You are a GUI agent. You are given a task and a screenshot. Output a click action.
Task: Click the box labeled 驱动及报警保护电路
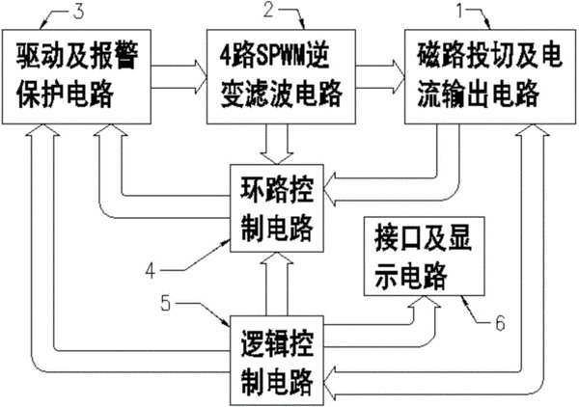point(76,77)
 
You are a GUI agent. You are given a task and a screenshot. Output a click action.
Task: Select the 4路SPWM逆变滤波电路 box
point(281,77)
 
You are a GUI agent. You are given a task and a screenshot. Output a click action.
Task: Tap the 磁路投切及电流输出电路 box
point(490,77)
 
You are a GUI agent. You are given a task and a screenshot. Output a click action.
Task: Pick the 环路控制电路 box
point(277,208)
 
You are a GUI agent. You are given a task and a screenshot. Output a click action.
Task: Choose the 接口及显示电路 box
point(424,257)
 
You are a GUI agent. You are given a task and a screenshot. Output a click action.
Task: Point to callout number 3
point(78,12)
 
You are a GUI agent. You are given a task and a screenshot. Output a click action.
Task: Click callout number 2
point(268,10)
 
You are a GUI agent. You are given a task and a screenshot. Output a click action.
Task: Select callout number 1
point(460,10)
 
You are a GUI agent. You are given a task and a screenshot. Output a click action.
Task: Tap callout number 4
point(151,271)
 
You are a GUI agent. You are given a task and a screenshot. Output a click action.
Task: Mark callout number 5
point(166,304)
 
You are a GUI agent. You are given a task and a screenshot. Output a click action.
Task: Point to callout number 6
point(500,324)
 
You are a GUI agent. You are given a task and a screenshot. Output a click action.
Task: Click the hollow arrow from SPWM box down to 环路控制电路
point(277,145)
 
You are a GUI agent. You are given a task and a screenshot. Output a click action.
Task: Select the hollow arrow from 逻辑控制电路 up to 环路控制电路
point(277,285)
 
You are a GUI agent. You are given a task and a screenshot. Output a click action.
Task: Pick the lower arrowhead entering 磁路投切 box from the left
point(399,89)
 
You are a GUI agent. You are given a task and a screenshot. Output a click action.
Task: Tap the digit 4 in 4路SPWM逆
point(225,57)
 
